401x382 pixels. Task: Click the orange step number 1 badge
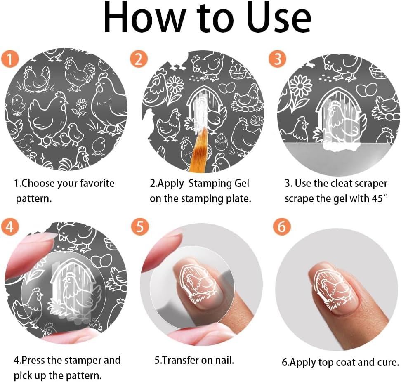point(9,59)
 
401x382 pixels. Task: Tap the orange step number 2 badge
point(139,59)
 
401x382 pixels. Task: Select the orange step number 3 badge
point(277,59)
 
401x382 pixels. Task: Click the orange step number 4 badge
point(9,226)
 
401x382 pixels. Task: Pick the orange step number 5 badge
point(139,226)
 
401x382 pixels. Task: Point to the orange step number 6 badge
point(282,226)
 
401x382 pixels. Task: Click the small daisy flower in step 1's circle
point(81,105)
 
